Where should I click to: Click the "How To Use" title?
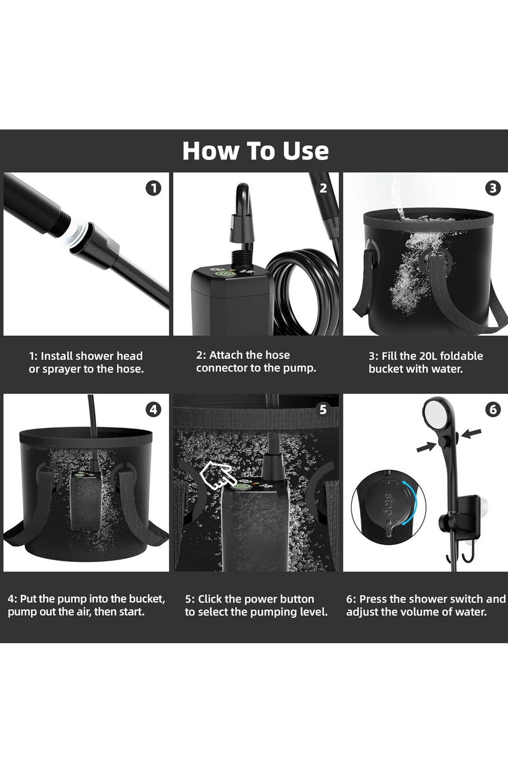pyautogui.click(x=255, y=151)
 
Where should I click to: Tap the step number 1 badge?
pyautogui.click(x=153, y=188)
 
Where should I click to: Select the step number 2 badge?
pyautogui.click(x=323, y=188)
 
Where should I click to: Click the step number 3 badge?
pyautogui.click(x=493, y=188)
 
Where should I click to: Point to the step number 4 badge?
pyautogui.click(x=153, y=410)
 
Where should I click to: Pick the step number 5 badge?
pyautogui.click(x=323, y=410)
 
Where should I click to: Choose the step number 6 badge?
pyautogui.click(x=493, y=410)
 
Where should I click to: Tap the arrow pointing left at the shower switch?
pyautogui.click(x=471, y=434)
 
